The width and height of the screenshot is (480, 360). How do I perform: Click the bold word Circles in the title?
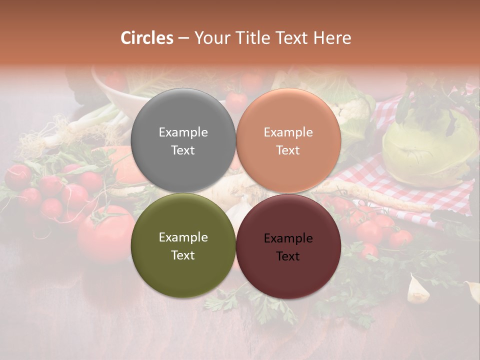(146, 38)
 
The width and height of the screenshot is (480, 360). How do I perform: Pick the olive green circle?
(183, 246)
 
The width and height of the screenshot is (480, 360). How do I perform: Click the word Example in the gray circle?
(183, 132)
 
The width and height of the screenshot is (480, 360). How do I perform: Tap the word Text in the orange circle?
(288, 150)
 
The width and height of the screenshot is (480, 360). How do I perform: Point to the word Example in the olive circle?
(183, 237)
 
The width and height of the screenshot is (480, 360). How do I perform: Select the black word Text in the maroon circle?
(288, 256)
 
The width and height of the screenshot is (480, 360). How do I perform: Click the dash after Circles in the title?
(183, 38)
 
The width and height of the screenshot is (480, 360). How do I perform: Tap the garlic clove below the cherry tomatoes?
(418, 289)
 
